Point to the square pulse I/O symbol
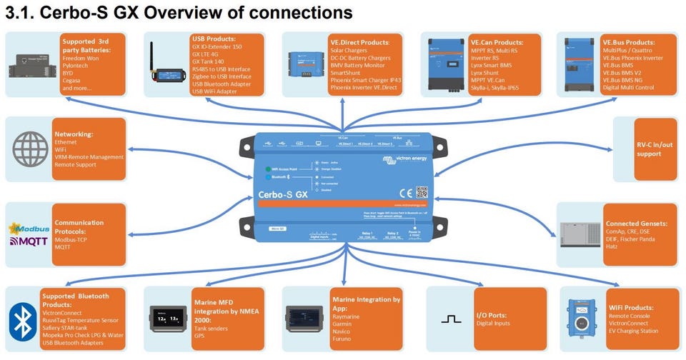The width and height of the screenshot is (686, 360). coord(451,319)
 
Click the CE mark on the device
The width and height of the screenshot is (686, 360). coord(404,191)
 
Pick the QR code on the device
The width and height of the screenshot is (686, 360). coord(421,191)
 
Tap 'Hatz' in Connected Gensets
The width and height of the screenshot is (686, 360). coord(612,246)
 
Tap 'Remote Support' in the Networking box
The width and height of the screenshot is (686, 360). coord(76,166)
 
